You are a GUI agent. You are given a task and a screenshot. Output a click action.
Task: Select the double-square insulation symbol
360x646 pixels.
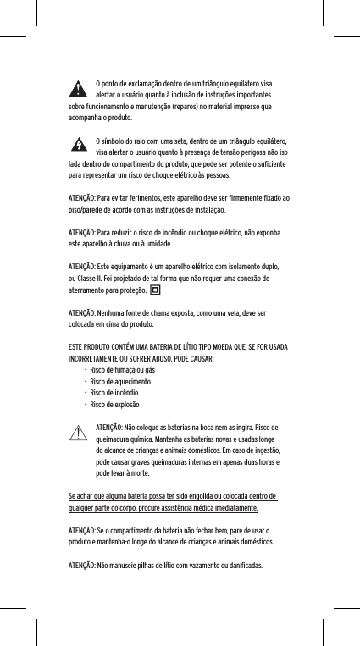click(x=155, y=292)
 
